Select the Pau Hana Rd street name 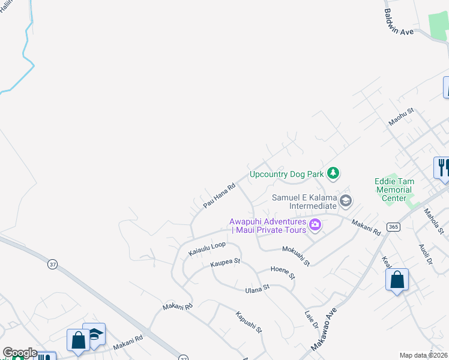pyautogui.click(x=218, y=196)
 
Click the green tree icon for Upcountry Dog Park pyautogui.click(x=333, y=174)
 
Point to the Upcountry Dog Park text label pyautogui.click(x=286, y=175)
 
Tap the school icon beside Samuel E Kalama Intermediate pyautogui.click(x=345, y=200)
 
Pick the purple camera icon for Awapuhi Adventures pyautogui.click(x=315, y=226)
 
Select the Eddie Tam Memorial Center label pyautogui.click(x=394, y=188)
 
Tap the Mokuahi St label pyautogui.click(x=297, y=254)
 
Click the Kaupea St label pyautogui.click(x=225, y=262)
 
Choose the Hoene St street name pyautogui.click(x=283, y=273)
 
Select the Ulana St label pyautogui.click(x=258, y=288)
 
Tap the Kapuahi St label pyautogui.click(x=249, y=322)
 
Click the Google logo pyautogui.click(x=19, y=353)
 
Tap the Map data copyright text pyautogui.click(x=424, y=355)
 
